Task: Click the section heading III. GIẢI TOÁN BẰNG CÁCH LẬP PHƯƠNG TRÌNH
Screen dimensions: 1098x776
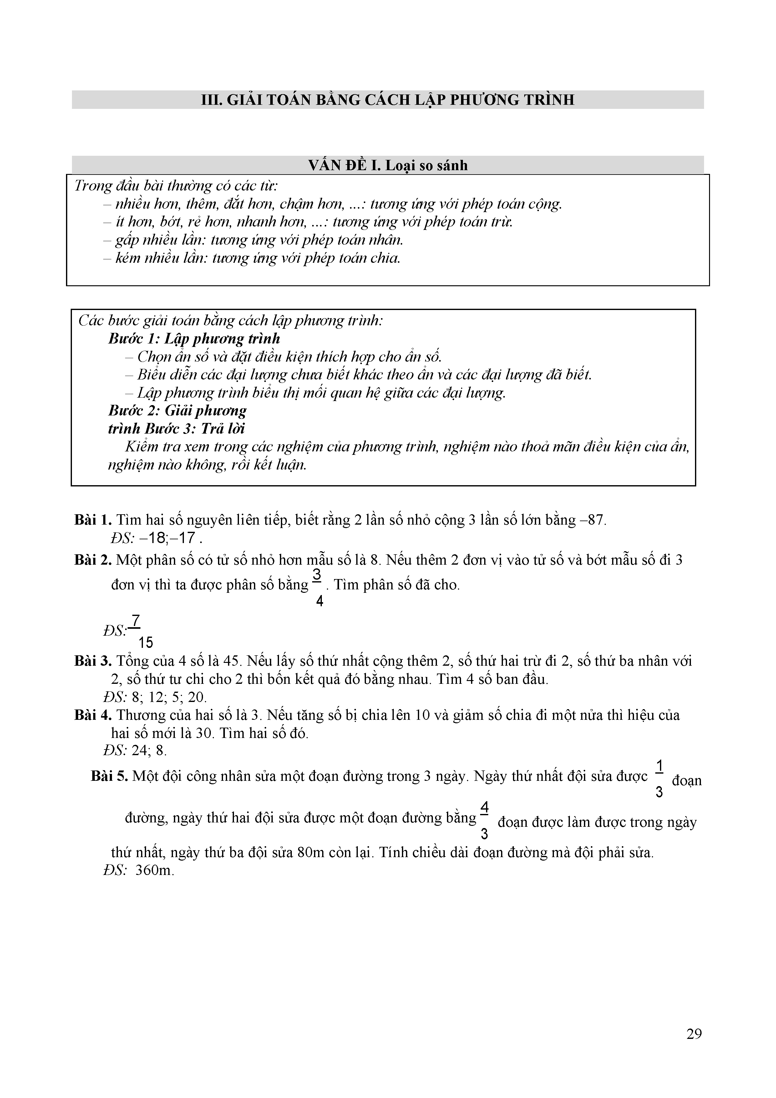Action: (388, 100)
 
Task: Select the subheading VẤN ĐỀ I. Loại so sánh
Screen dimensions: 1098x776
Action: (388, 165)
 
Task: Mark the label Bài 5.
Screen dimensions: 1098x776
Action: (109, 776)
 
